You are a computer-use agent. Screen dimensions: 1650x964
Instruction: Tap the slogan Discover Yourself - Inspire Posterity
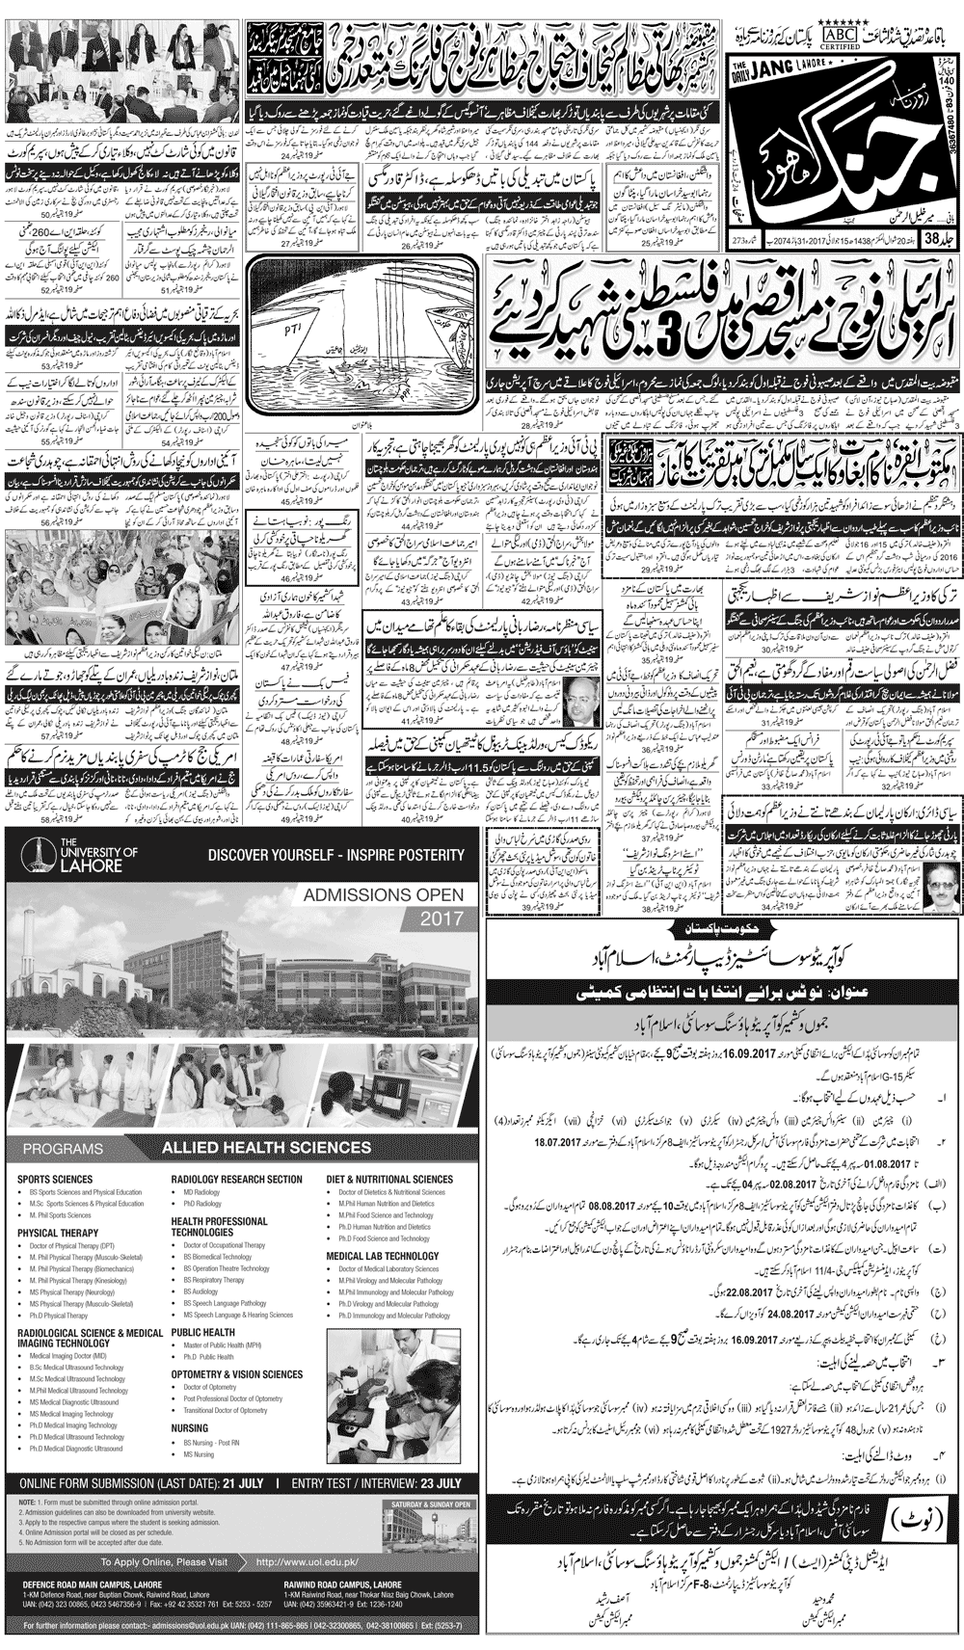(x=335, y=855)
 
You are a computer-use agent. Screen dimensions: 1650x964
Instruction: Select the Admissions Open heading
(x=383, y=895)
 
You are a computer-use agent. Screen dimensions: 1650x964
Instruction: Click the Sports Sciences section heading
(x=55, y=1179)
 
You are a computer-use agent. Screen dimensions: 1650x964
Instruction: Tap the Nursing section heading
(x=190, y=1428)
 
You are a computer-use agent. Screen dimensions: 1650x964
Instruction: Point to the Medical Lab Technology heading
(x=382, y=1256)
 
